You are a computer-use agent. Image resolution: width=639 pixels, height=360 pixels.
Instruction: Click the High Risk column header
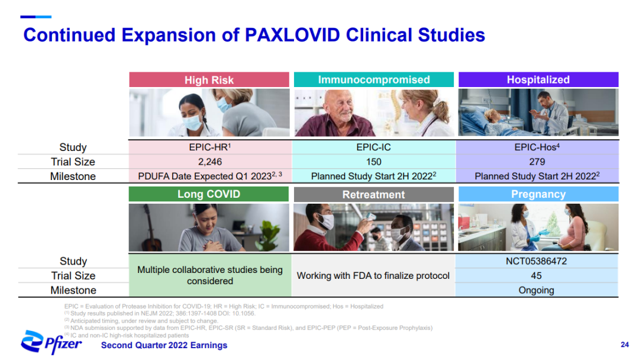tap(209, 80)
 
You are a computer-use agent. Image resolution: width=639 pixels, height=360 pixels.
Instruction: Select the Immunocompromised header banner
tap(374, 79)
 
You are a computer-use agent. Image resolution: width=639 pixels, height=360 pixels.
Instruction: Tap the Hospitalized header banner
tap(538, 79)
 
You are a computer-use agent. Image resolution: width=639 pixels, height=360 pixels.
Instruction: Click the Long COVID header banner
tap(209, 194)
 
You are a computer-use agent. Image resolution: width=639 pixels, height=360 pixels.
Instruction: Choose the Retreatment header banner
tap(374, 194)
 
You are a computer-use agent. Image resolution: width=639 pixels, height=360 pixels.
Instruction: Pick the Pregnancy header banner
tap(538, 194)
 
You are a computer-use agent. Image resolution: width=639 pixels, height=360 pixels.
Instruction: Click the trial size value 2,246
tap(210, 162)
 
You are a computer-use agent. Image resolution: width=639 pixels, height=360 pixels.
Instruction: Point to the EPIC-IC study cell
tap(374, 147)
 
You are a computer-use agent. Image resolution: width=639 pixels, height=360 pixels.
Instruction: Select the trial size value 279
tap(537, 162)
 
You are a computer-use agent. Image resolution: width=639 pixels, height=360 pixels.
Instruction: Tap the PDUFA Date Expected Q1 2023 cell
tap(210, 176)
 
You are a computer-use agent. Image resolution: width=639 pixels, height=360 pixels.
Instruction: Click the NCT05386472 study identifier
tap(536, 261)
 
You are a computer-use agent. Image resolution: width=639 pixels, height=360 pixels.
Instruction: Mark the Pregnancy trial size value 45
tap(536, 275)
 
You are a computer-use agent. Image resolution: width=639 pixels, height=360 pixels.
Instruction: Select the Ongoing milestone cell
tap(536, 290)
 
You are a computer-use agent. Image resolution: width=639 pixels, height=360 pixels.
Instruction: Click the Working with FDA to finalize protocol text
tap(373, 275)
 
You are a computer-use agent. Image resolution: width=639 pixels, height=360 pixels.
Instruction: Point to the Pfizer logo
tap(51, 342)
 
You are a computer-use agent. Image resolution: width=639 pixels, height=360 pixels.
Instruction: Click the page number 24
tap(625, 345)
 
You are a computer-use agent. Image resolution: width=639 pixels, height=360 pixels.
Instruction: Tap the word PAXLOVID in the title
tap(292, 35)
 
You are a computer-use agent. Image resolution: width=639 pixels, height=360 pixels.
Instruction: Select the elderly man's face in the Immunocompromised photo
tap(338, 105)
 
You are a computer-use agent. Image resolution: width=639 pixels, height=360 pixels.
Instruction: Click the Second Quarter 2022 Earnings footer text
tap(164, 345)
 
